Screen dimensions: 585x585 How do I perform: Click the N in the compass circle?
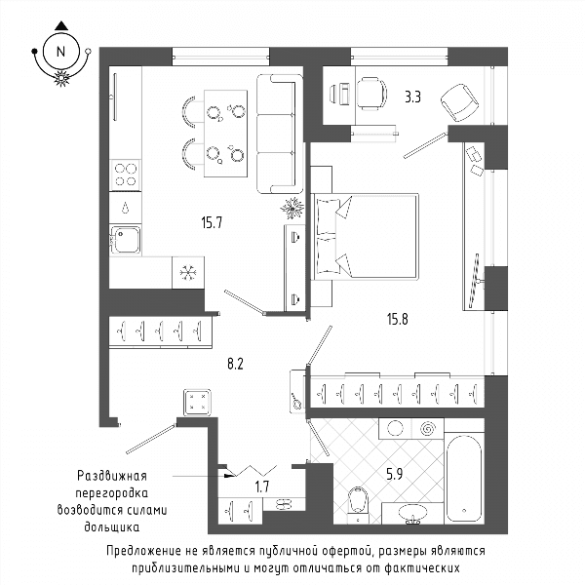[x=60, y=52]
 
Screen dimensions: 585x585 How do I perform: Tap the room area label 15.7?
[x=212, y=222]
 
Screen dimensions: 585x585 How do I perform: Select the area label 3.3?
[x=413, y=97]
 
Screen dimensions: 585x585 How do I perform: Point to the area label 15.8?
[x=398, y=320]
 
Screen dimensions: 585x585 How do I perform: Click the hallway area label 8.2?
[x=235, y=364]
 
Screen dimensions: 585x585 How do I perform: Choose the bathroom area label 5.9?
[x=394, y=475]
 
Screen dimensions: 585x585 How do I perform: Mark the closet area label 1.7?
[x=262, y=487]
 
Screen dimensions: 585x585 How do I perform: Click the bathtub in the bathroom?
[x=464, y=479]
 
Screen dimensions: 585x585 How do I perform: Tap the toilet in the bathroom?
[x=358, y=505]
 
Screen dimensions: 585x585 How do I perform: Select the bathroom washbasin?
[x=413, y=514]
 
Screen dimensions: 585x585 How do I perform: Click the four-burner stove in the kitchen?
[x=126, y=175]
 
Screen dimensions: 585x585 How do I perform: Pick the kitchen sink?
[x=126, y=240]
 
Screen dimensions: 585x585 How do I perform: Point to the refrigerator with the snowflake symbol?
[x=188, y=272]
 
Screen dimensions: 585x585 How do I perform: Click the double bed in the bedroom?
[x=365, y=236]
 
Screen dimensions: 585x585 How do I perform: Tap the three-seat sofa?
[x=280, y=134]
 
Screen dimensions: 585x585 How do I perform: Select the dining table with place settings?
[x=226, y=134]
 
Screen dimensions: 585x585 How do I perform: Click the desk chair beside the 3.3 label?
[x=371, y=94]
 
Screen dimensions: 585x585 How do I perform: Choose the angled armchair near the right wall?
[x=459, y=102]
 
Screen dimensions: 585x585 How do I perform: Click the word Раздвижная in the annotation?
[x=112, y=476]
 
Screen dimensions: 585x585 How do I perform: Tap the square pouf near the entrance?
[x=197, y=402]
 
